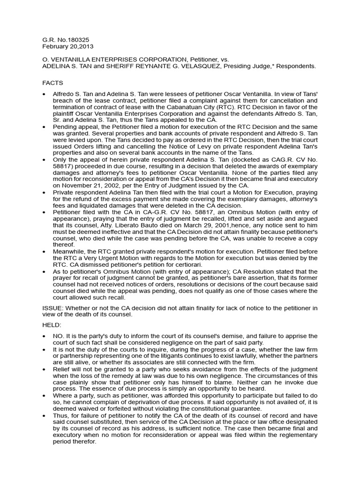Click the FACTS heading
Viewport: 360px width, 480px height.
click(53, 82)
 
